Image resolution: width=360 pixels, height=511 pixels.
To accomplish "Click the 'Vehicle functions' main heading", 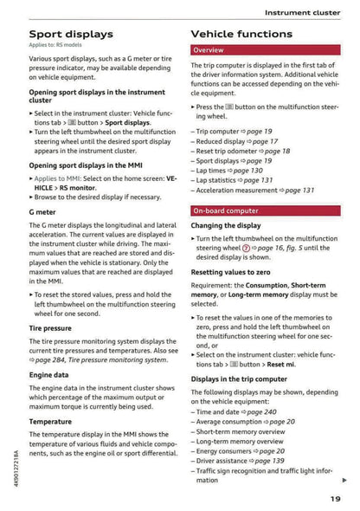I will tap(241, 34).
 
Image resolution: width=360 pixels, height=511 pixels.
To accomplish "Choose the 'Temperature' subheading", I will tap(50, 421).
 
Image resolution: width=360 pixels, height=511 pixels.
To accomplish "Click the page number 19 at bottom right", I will tap(335, 499).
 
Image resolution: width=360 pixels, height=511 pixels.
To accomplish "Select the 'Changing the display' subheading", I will tap(225, 225).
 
